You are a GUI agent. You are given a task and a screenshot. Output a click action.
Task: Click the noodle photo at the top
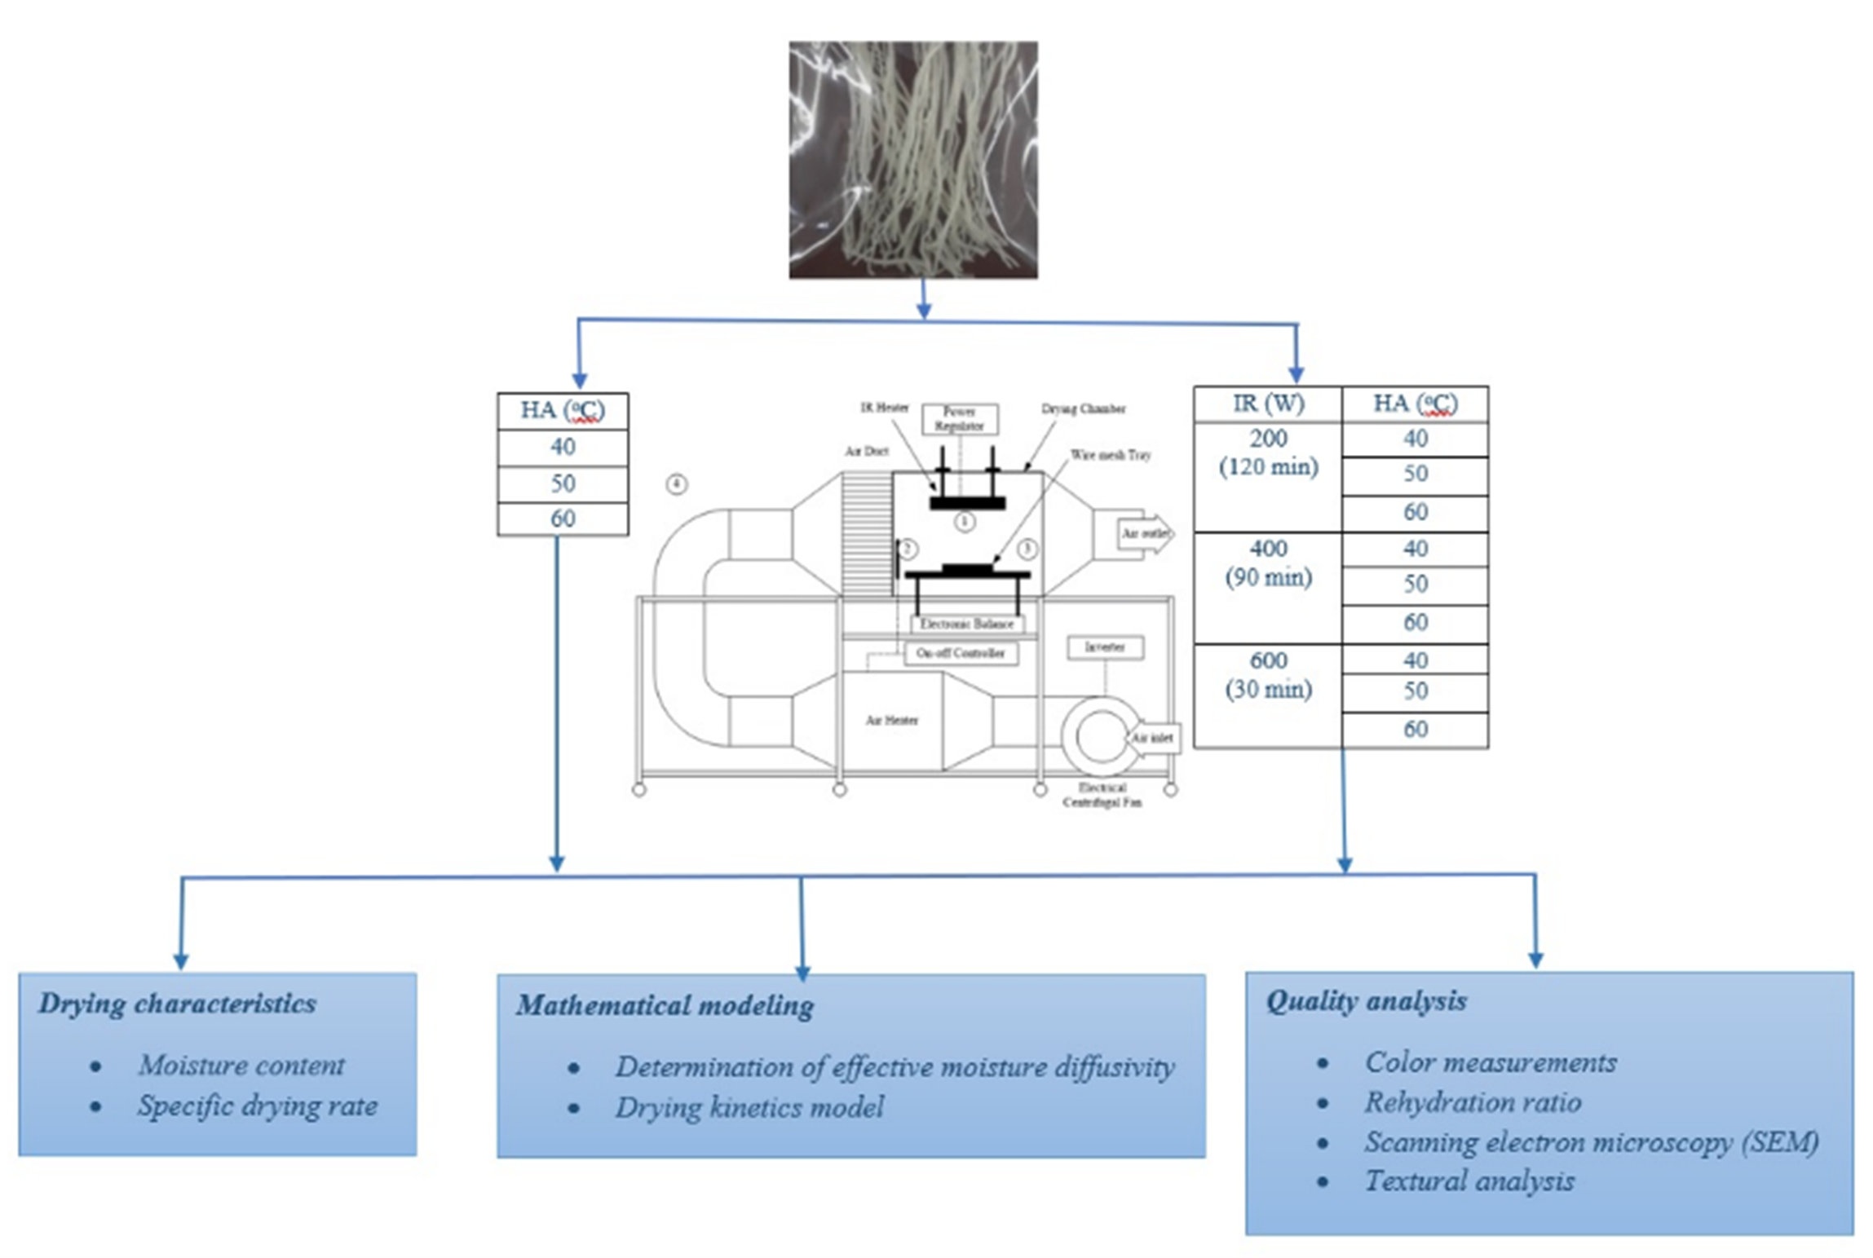[x=912, y=160]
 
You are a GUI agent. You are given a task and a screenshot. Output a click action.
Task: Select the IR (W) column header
[x=1267, y=404]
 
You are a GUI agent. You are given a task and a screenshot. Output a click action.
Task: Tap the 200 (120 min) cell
[x=1267, y=452]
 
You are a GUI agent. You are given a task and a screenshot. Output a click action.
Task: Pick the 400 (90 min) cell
[x=1267, y=563]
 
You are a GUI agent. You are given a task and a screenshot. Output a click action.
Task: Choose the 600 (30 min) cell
[x=1267, y=675]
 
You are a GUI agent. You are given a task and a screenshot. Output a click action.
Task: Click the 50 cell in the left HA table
[x=563, y=483]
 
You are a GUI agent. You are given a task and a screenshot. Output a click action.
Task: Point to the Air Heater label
[x=891, y=721]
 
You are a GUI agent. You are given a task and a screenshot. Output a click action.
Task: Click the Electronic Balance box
[x=966, y=625]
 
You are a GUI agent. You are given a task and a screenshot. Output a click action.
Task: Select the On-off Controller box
[x=961, y=654]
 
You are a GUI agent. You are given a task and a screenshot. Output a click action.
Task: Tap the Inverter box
[x=1105, y=647]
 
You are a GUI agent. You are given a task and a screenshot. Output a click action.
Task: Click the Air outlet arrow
[x=1146, y=534]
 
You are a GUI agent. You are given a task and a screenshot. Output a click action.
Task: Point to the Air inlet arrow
[x=1152, y=738]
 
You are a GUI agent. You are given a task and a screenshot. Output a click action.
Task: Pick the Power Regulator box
[x=960, y=419]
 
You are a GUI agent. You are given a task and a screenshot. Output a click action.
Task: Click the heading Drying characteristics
[x=178, y=1004]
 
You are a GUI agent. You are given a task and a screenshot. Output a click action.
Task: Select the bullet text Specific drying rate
[x=257, y=1106]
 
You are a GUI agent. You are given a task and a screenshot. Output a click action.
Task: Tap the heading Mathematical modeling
[x=665, y=1005]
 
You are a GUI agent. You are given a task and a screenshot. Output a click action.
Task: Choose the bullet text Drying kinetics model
[x=749, y=1108]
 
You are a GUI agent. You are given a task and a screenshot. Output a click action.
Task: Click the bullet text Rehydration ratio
[x=1473, y=1103]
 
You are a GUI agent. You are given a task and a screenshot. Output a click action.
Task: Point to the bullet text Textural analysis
[x=1469, y=1181]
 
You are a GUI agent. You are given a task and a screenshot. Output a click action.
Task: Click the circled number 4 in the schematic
[x=676, y=485]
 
